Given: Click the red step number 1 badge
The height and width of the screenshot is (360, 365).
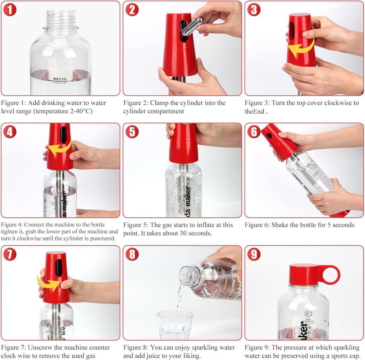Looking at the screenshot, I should click(x=10, y=10).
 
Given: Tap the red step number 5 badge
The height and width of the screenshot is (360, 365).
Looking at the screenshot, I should click(x=132, y=132).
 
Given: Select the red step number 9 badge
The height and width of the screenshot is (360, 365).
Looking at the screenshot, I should click(x=254, y=254).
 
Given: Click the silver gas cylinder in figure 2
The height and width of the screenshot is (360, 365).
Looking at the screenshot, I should click(x=192, y=26).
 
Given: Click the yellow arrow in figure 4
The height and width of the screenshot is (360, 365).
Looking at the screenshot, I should click(x=59, y=149).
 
